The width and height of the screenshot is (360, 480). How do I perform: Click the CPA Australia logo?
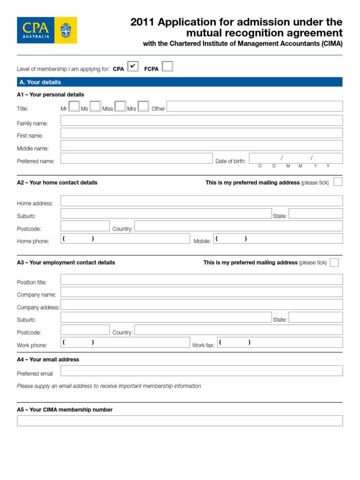coord(47,30)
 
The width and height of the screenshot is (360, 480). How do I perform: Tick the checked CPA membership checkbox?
coord(133,67)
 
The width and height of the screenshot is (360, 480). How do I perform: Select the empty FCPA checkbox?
coord(167,67)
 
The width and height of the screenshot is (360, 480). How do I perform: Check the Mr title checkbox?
coord(74,106)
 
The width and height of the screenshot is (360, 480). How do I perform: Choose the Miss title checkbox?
coord(120,106)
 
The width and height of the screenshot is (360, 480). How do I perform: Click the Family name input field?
coord(202,120)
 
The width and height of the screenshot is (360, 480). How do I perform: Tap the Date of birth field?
coord(295,158)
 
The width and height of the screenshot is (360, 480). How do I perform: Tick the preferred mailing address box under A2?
coord(338,182)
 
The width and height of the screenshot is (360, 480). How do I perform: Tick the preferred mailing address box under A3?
coord(334,262)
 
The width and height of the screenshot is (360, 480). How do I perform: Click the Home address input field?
coord(202,201)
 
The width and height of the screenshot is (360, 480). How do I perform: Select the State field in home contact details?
coord(315,214)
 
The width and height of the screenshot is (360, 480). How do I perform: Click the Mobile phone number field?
coord(278,239)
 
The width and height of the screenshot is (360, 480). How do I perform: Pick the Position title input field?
coord(202,280)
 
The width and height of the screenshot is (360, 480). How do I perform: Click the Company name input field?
coord(202,292)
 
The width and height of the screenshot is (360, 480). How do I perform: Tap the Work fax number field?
coord(279,343)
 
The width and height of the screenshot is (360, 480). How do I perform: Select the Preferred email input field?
coord(202,371)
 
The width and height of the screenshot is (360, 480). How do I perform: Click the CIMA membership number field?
coord(180,420)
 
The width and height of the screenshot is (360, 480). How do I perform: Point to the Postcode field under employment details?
coord(85,330)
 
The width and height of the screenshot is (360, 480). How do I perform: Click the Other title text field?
coord(255,106)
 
